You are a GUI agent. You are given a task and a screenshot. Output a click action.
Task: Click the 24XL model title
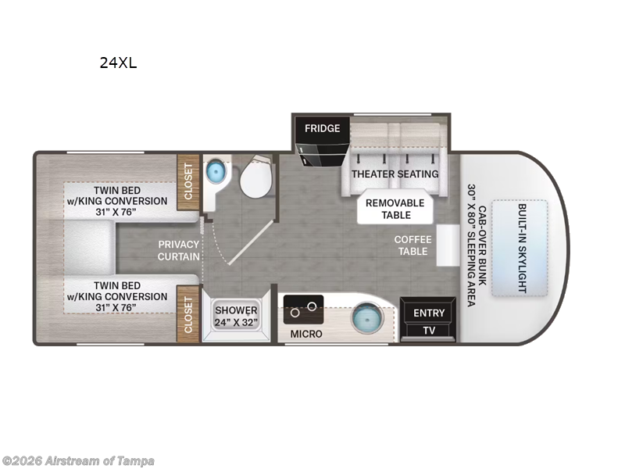(x=118, y=63)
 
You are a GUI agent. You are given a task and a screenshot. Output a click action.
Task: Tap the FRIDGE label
(x=322, y=128)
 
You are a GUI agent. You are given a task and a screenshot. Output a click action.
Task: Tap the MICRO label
(x=306, y=335)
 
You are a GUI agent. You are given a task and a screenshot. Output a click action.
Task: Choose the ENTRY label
(x=429, y=313)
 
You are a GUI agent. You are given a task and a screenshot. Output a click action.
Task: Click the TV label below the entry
(x=429, y=331)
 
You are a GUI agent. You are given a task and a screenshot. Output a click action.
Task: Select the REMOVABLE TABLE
(x=395, y=208)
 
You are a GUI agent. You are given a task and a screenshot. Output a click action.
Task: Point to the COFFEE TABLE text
(x=412, y=245)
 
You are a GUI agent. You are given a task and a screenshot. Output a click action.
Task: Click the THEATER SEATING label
(x=395, y=174)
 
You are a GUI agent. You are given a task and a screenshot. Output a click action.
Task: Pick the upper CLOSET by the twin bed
(x=187, y=184)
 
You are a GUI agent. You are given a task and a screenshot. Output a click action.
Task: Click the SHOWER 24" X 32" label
(x=236, y=316)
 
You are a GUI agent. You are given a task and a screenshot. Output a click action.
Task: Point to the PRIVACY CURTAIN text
(x=178, y=250)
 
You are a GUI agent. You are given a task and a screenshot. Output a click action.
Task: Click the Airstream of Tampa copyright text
(x=78, y=460)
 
